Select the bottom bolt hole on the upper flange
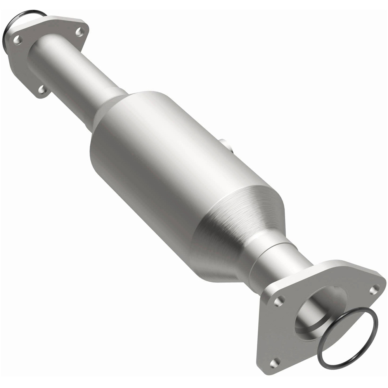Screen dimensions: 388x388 point(42,90)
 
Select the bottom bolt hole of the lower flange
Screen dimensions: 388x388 point(275,363)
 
